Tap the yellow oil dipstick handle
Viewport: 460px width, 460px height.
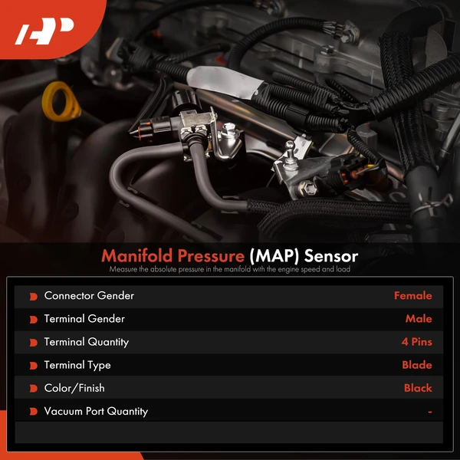click(61, 102)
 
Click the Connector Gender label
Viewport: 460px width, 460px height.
click(89, 296)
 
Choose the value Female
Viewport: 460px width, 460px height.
click(412, 296)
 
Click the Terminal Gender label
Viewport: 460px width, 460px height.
click(84, 319)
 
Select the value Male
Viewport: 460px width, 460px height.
click(419, 319)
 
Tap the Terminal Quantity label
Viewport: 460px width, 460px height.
click(87, 342)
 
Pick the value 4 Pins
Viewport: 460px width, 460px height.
click(415, 342)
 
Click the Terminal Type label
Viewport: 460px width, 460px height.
click(77, 365)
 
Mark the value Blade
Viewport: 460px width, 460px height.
click(417, 365)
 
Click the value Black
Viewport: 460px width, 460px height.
click(418, 388)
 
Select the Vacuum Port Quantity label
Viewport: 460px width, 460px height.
click(96, 411)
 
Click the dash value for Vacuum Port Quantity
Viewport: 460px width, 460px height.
click(430, 412)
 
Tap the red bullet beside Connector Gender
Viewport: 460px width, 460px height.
click(33, 296)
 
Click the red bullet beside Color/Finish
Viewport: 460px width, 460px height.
click(33, 388)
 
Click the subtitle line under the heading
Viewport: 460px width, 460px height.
click(230, 269)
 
